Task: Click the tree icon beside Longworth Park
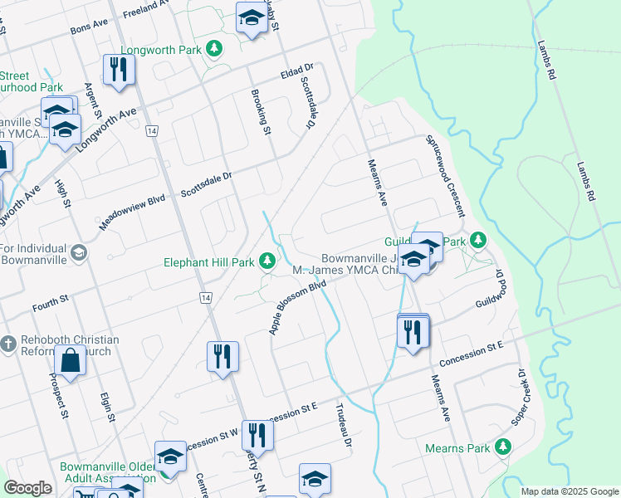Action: [x=215, y=49]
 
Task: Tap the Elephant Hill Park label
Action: [x=208, y=262]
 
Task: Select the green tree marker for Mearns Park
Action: [x=502, y=447]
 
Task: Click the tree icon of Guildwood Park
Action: [x=477, y=241]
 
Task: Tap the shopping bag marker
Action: [x=71, y=361]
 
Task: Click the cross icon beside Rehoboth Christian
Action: [x=8, y=343]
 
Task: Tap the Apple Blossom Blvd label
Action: [x=296, y=307]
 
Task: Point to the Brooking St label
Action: [x=261, y=112]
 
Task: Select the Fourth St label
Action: [x=50, y=299]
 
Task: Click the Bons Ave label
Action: [x=90, y=27]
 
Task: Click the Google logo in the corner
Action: [x=27, y=488]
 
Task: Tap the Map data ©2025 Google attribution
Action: [x=570, y=491]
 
